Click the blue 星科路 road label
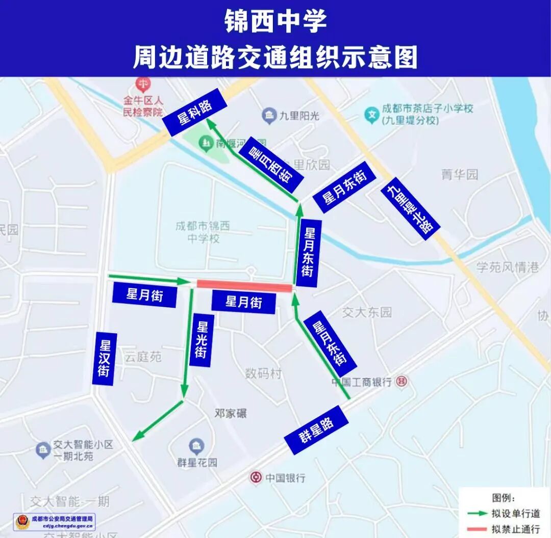(x=194, y=112)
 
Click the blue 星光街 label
(x=202, y=340)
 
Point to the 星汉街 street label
(x=105, y=359)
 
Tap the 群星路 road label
(x=316, y=430)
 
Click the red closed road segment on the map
(x=244, y=286)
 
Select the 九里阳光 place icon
(x=269, y=116)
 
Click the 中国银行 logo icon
(x=256, y=477)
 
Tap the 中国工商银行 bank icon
(x=402, y=381)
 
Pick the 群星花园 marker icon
(x=196, y=446)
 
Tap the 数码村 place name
(x=263, y=373)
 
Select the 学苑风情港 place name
(x=507, y=266)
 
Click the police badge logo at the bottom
(x=22, y=522)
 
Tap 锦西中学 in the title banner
(x=275, y=22)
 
